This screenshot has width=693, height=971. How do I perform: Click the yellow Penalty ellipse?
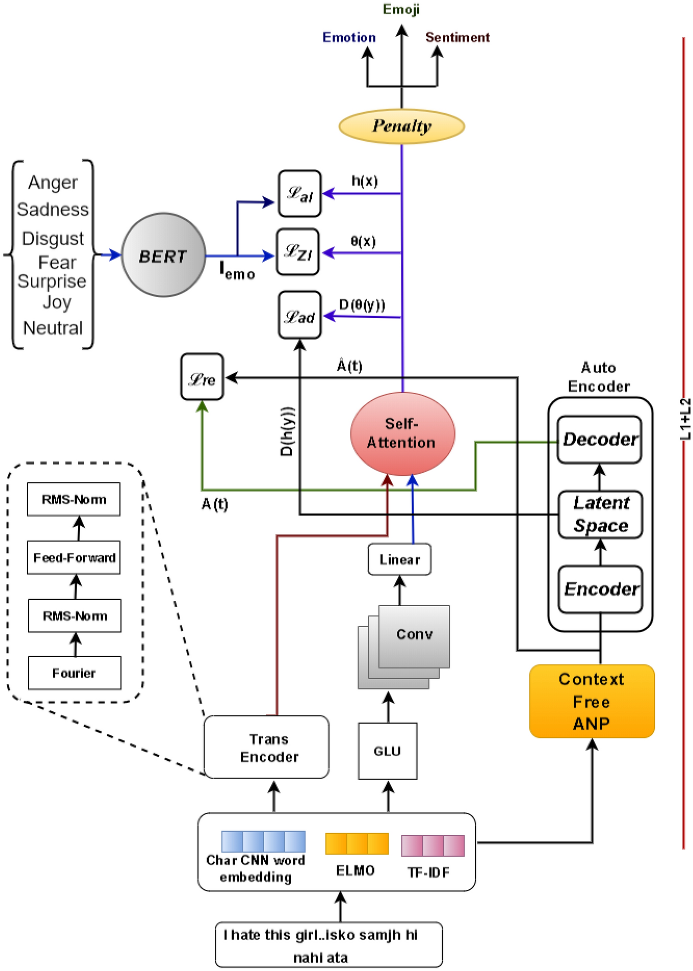pyautogui.click(x=401, y=126)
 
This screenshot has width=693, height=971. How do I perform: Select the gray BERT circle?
pyautogui.click(x=163, y=255)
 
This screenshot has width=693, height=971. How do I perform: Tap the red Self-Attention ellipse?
pyautogui.click(x=402, y=433)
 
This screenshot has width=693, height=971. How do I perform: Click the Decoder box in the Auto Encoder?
pyautogui.click(x=600, y=439)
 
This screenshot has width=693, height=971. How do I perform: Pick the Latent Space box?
pyautogui.click(x=601, y=514)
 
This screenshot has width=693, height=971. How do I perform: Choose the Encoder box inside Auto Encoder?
pyautogui.click(x=601, y=589)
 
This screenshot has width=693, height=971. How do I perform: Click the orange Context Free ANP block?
pyautogui.click(x=592, y=701)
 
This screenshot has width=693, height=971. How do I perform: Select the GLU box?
pyautogui.click(x=388, y=751)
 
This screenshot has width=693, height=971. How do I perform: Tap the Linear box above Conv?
pyautogui.click(x=399, y=559)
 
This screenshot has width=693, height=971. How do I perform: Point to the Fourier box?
pyautogui.click(x=74, y=673)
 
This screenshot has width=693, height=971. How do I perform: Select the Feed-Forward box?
pyautogui.click(x=74, y=557)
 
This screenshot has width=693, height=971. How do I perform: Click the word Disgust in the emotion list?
pyautogui.click(x=53, y=238)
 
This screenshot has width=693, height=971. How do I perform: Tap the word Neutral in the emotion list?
pyautogui.click(x=53, y=328)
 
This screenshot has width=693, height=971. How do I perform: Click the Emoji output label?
pyautogui.click(x=401, y=9)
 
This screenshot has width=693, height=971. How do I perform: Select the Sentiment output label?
pyautogui.click(x=457, y=37)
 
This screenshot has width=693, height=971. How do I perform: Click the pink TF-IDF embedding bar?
pyautogui.click(x=433, y=846)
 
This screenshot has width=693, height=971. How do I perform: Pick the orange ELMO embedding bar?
pyautogui.click(x=357, y=844)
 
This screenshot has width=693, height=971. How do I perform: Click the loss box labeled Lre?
pyautogui.click(x=202, y=378)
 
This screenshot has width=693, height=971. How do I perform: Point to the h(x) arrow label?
pyautogui.click(x=365, y=181)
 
